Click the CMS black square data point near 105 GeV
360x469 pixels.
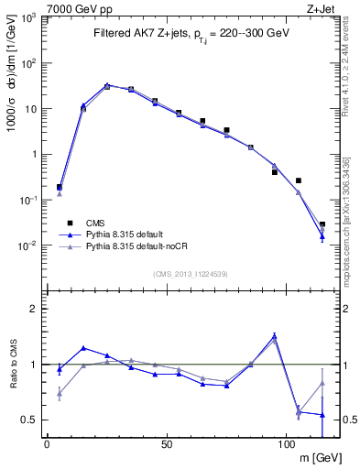[x=298, y=180]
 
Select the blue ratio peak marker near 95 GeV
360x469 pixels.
[x=274, y=336]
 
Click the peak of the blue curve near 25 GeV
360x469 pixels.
[x=107, y=85]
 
